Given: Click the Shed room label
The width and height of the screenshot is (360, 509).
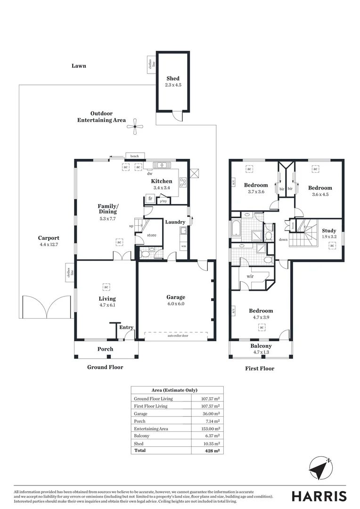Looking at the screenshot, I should tap(172, 79).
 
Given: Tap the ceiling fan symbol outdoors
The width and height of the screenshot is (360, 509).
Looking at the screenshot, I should tap(135, 125).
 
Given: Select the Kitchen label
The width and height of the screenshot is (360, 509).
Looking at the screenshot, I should tap(161, 181).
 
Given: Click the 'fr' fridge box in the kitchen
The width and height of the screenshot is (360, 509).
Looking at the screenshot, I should tap(150, 199).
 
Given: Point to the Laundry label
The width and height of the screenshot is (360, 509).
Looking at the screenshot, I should tap(174, 222).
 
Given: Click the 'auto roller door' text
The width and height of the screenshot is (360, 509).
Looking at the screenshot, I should tap(175, 336).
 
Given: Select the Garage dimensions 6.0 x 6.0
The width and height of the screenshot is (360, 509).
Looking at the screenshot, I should tap(175, 304).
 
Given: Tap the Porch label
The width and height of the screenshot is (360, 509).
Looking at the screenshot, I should tap(105, 349).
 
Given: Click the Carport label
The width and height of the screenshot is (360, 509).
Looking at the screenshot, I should tap(49, 238).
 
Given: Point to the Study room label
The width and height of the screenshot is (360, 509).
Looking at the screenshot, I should tap(329, 231).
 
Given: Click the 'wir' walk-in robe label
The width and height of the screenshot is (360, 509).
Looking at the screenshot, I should tap(250, 276).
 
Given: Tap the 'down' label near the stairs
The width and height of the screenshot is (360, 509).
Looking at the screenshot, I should tap(283, 239).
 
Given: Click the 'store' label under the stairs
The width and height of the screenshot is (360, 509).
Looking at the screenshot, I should tap(151, 235).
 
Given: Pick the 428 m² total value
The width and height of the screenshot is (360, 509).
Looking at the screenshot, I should tap(211, 451).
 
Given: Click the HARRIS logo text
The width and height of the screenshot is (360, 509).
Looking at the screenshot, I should tap(319, 496).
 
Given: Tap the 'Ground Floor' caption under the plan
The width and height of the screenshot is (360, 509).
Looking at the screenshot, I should tap(105, 367).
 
